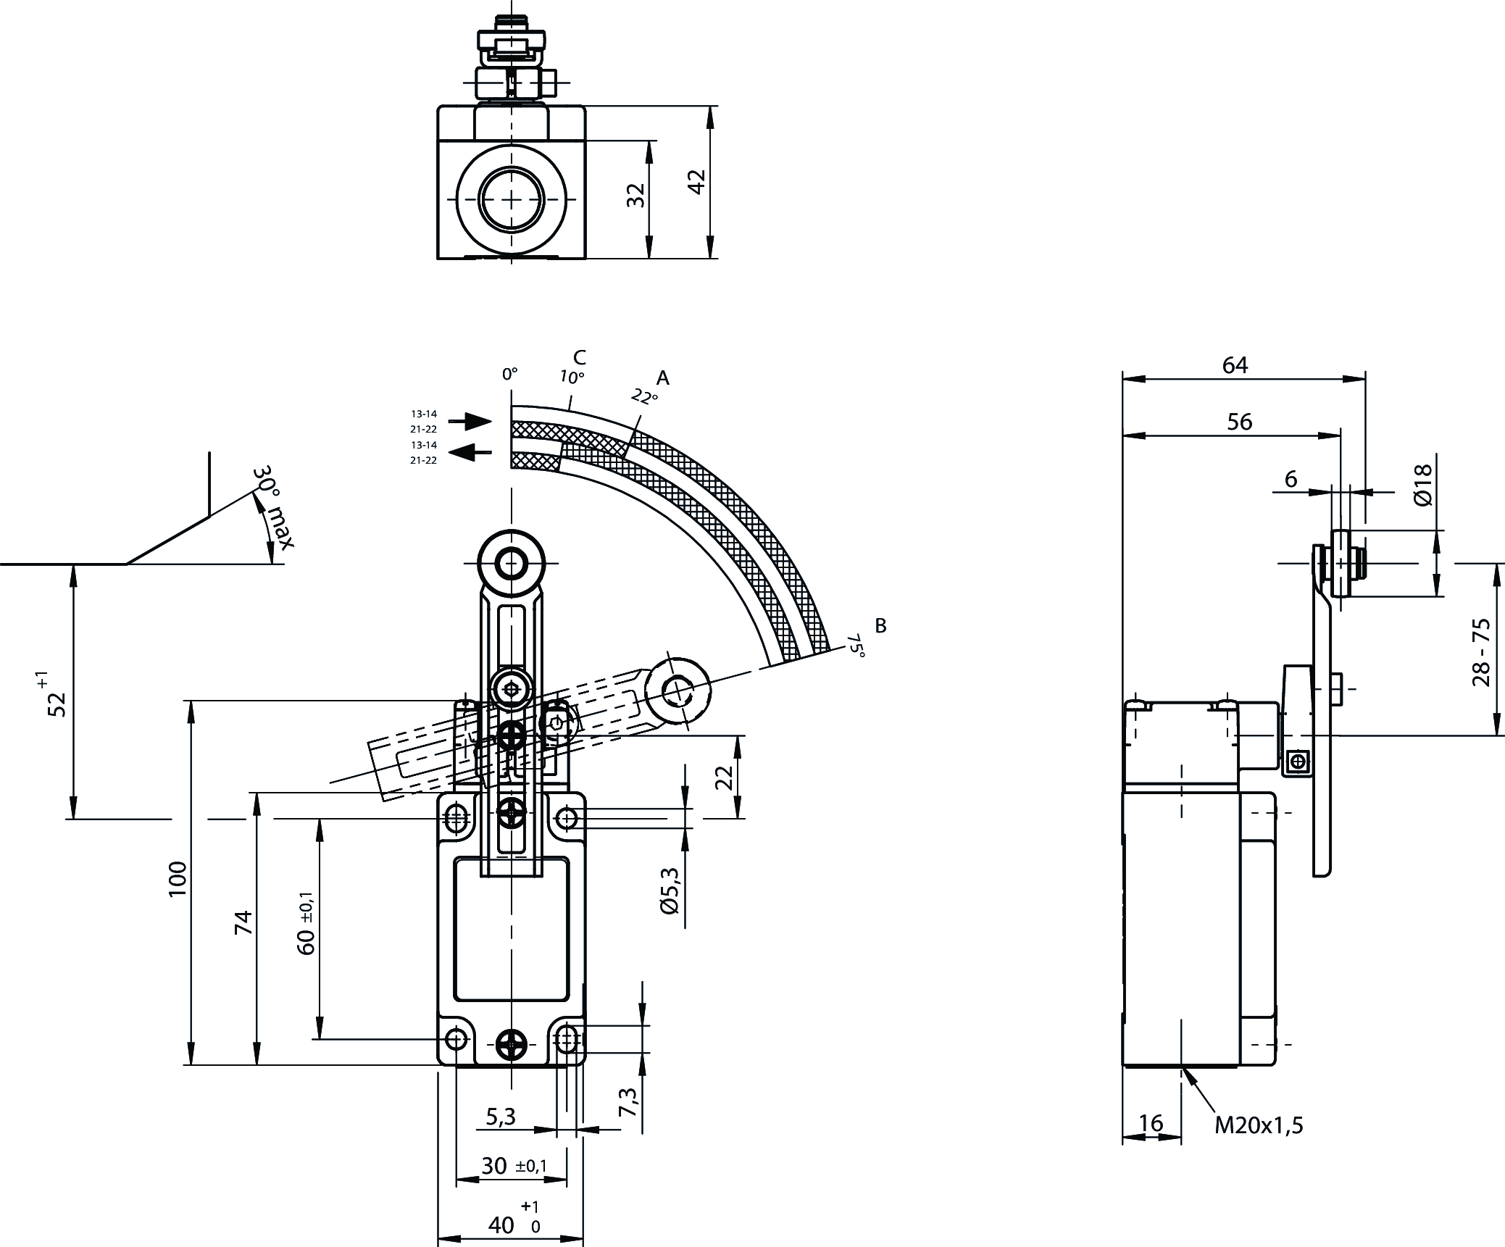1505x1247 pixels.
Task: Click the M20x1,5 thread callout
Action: point(1259,1125)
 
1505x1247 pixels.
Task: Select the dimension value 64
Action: point(1235,365)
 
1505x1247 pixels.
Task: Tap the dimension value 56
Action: point(1240,422)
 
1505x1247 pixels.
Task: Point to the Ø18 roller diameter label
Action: point(1422,485)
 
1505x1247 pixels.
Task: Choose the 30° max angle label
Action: point(274,507)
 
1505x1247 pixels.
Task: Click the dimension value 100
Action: point(178,879)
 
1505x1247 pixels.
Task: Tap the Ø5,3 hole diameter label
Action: point(670,891)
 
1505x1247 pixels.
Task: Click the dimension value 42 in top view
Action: point(696,182)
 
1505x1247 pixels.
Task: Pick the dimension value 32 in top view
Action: point(635,195)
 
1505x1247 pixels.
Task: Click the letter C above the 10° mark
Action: point(579,357)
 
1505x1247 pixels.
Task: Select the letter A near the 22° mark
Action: point(662,378)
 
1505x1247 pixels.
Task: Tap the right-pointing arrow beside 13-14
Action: point(470,420)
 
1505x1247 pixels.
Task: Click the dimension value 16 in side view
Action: point(1150,1123)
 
